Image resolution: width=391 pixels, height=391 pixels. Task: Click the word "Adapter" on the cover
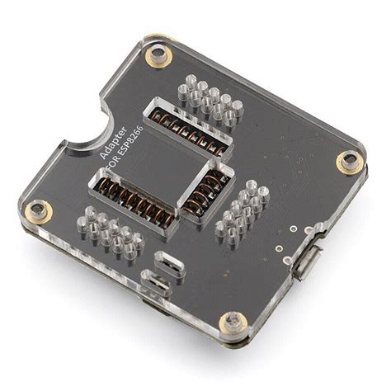[x=110, y=142]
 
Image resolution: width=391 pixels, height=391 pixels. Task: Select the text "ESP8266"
[x=128, y=148]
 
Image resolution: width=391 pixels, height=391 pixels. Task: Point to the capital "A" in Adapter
[x=101, y=156]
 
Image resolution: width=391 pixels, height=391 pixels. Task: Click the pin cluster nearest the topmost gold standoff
[x=211, y=97]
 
